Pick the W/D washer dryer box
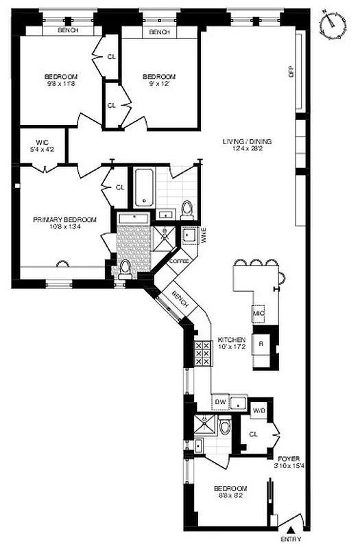tap(259, 410)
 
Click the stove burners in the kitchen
tap(203, 353)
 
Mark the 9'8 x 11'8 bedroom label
tap(61, 80)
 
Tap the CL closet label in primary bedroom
tap(120, 187)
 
